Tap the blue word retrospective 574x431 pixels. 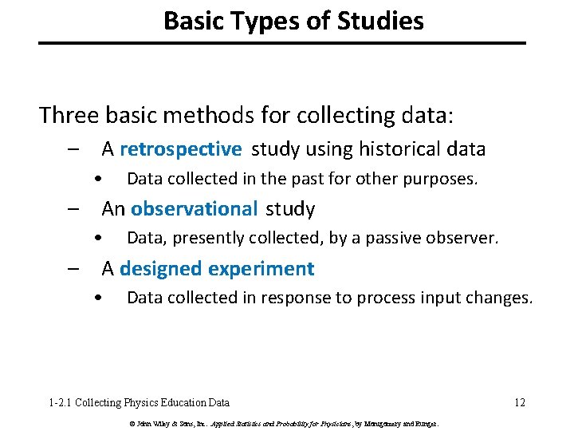(180, 149)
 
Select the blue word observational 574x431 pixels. (195, 209)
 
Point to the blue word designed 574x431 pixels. (161, 269)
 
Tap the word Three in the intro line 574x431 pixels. (69, 116)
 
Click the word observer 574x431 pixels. (466, 238)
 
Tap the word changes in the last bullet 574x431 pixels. (501, 298)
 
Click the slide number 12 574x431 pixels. (519, 403)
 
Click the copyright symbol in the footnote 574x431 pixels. (130, 423)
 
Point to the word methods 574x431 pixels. (194, 116)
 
